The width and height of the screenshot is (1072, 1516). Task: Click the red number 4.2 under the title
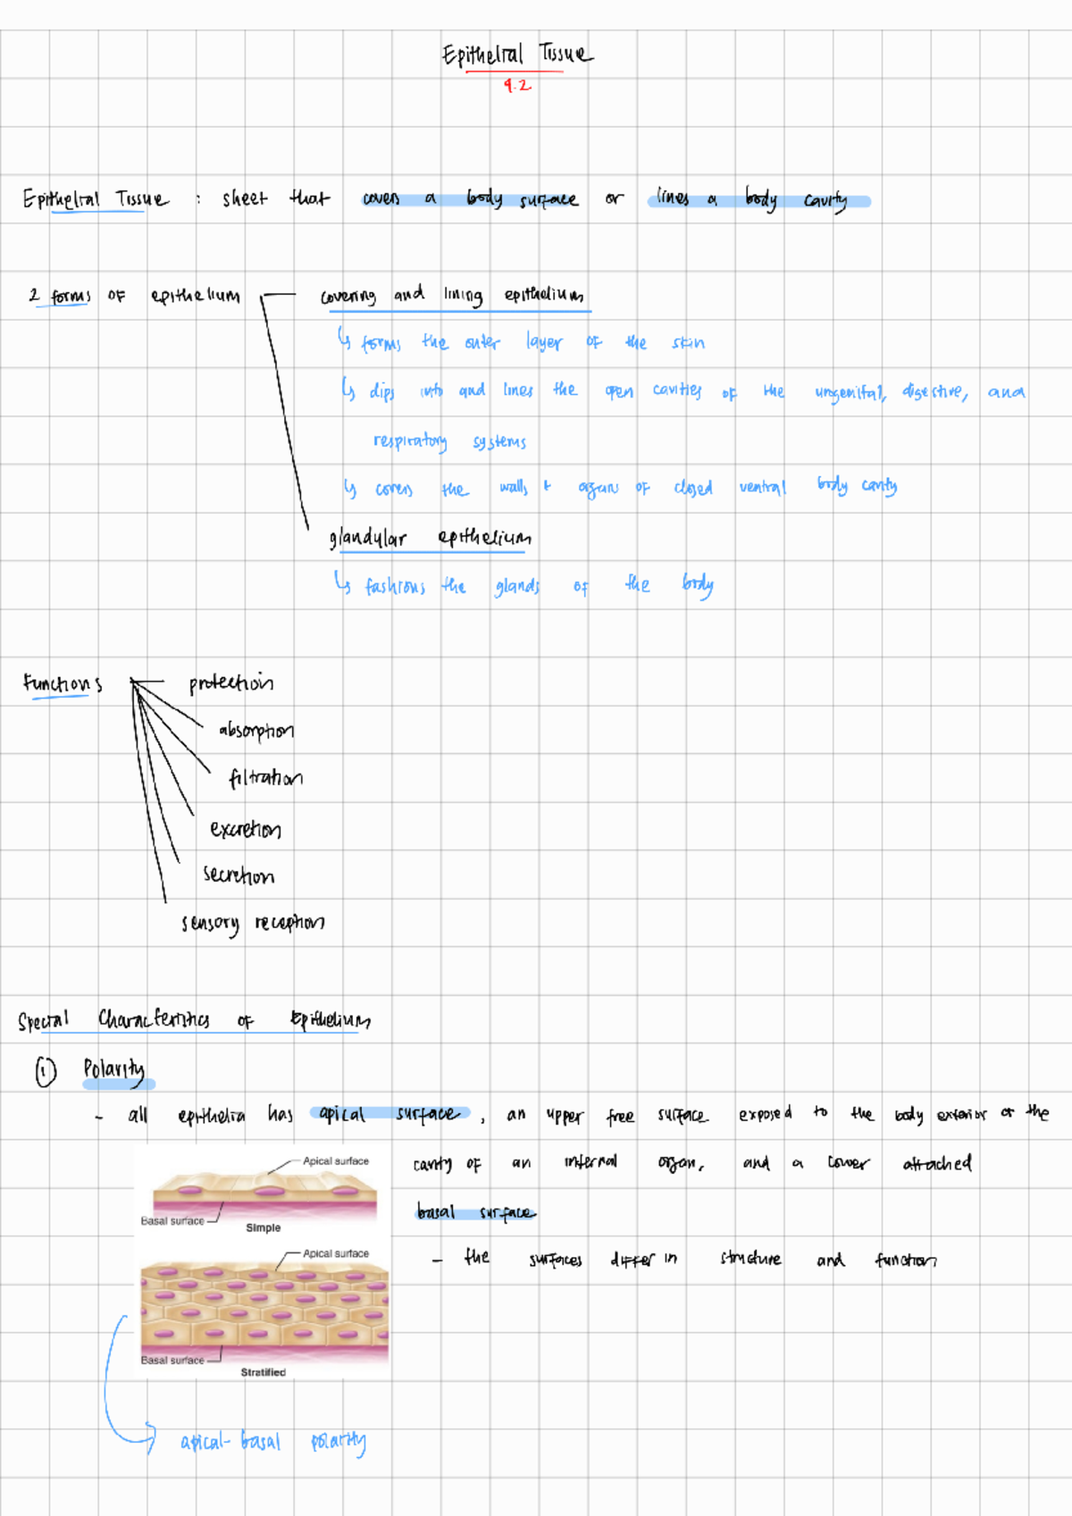(x=516, y=86)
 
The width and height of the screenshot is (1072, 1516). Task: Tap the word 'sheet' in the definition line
(x=244, y=198)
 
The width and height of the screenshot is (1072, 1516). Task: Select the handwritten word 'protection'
(x=230, y=683)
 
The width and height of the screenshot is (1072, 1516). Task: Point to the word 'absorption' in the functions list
(x=255, y=731)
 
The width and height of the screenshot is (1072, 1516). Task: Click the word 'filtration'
(x=265, y=778)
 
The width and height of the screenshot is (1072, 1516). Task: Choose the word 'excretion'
(x=246, y=830)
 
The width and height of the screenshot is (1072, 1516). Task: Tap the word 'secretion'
(x=239, y=875)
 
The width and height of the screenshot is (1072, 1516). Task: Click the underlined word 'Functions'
(x=63, y=684)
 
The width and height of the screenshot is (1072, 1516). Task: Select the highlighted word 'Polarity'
(x=114, y=1069)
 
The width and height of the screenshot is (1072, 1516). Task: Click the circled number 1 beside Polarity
(x=46, y=1071)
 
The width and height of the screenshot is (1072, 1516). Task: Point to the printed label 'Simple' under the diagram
(x=264, y=1227)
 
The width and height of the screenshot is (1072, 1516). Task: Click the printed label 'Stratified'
(x=264, y=1372)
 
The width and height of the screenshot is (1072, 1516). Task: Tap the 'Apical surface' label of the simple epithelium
(x=335, y=1160)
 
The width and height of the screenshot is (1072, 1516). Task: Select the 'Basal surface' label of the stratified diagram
(x=172, y=1360)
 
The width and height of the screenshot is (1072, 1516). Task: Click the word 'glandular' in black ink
(x=367, y=538)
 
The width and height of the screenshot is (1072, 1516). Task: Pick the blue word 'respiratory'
(x=410, y=441)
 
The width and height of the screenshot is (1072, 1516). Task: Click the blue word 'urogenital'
(x=850, y=392)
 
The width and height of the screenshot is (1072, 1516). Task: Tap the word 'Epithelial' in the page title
(x=482, y=55)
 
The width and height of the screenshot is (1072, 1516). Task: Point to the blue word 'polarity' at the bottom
(x=339, y=1441)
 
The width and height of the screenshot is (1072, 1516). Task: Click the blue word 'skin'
(x=688, y=343)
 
